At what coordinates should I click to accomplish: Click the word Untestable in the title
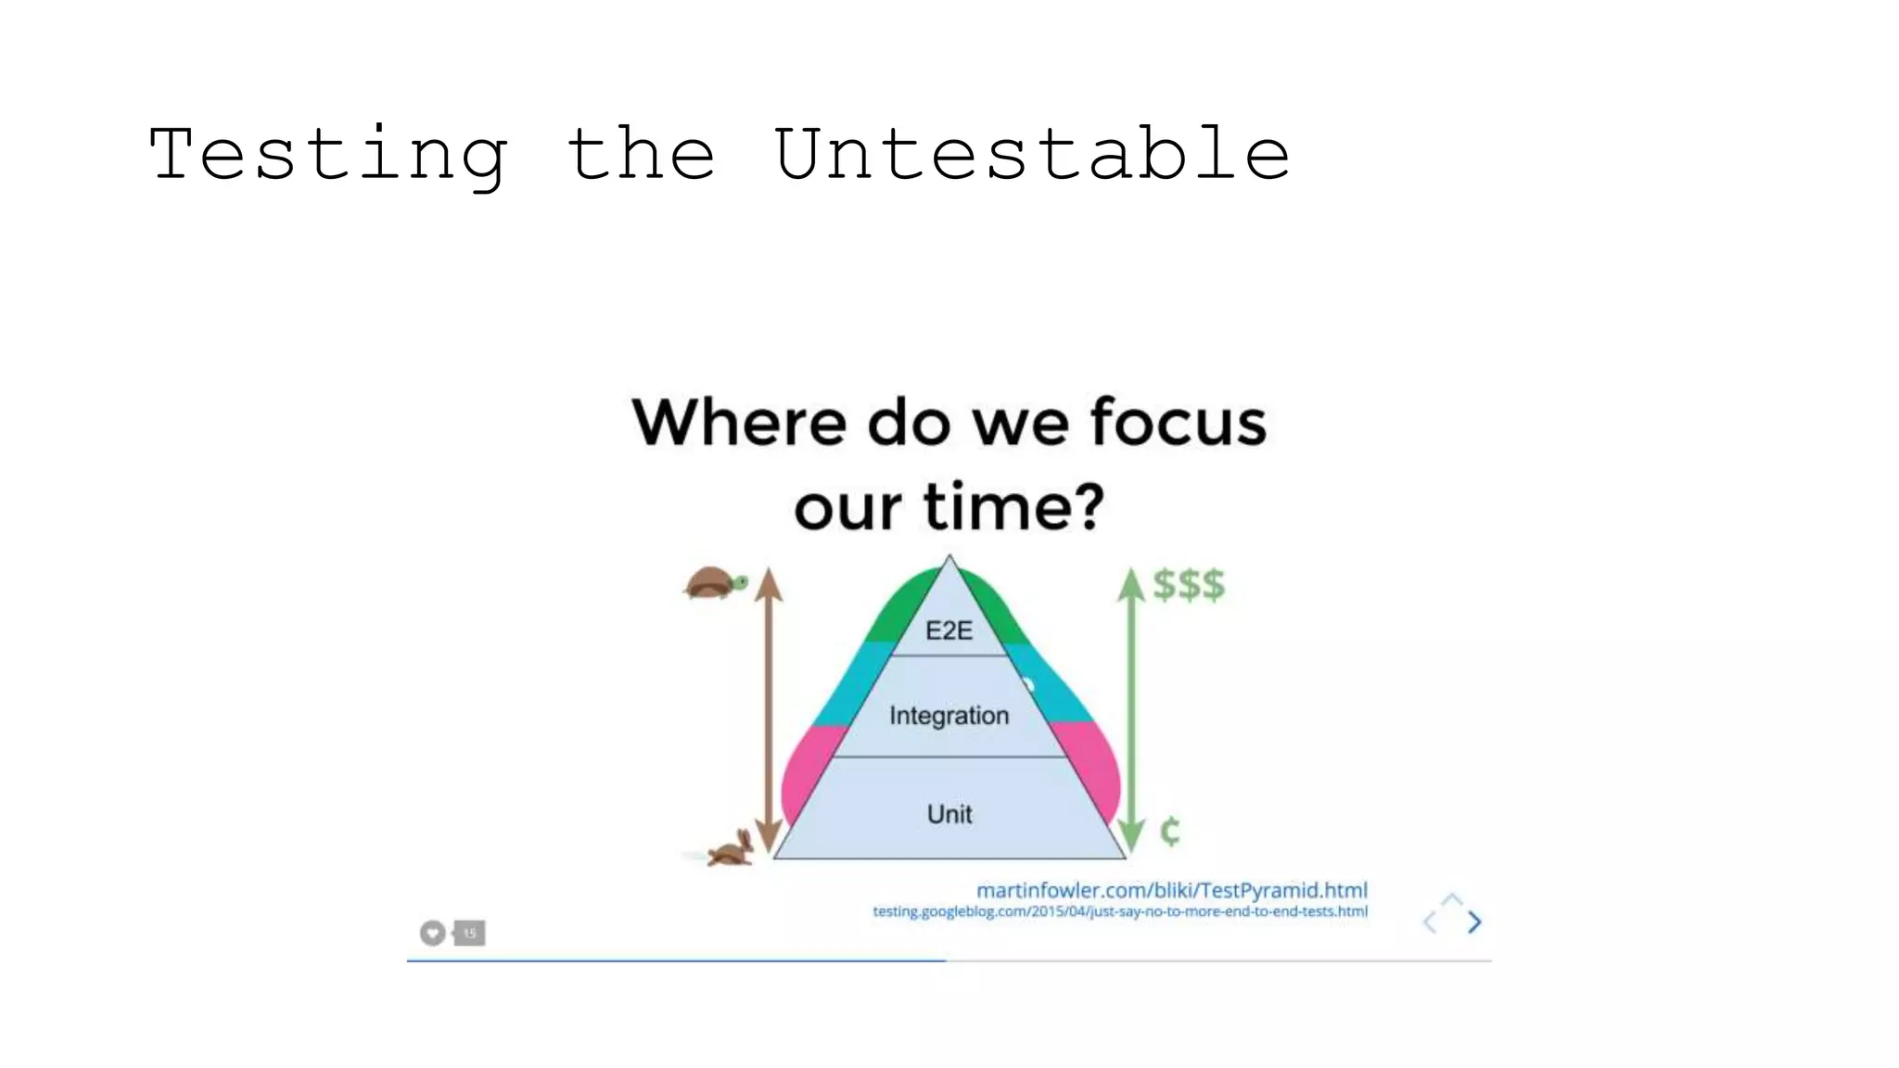[x=1031, y=154]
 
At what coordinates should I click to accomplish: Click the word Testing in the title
[x=328, y=156]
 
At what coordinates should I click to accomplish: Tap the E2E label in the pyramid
[x=949, y=631]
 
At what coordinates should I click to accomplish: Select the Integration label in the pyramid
[x=949, y=716]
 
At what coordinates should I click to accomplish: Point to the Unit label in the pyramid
[x=949, y=814]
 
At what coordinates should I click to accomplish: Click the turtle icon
[x=715, y=583]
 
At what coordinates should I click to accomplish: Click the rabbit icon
[x=732, y=850]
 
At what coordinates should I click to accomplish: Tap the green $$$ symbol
[x=1189, y=585]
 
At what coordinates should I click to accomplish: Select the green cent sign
[x=1170, y=831]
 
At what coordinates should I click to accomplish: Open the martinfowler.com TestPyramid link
[x=1171, y=891]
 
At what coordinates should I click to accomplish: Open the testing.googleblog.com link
[x=1119, y=912]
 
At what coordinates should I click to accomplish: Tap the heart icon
[x=432, y=933]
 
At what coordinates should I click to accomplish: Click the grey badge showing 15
[x=469, y=933]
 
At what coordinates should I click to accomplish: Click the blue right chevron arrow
[x=1474, y=922]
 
